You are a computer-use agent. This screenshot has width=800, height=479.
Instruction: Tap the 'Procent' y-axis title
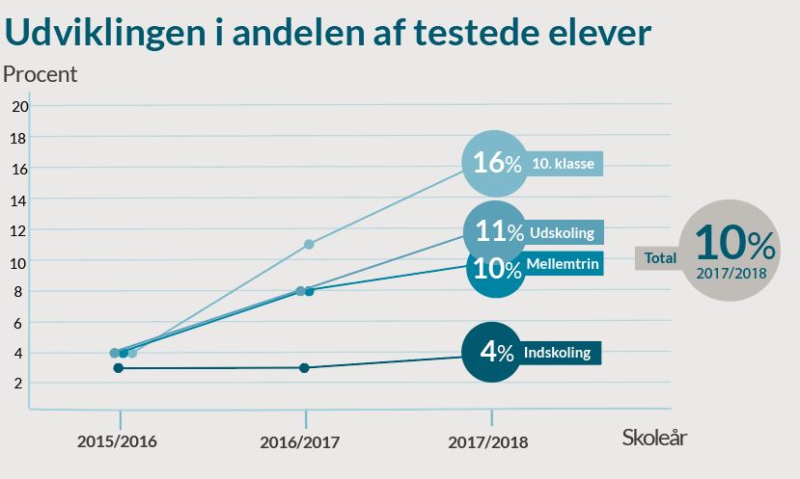[40, 73]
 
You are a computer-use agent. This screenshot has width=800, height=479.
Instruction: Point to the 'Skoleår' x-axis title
[654, 438]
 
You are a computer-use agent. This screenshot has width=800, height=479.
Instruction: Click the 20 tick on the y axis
[19, 106]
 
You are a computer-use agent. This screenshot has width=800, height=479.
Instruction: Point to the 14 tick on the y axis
[19, 199]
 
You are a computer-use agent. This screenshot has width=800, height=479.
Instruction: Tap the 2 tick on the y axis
[19, 384]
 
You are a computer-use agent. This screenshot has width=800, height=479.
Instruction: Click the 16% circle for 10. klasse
[496, 163]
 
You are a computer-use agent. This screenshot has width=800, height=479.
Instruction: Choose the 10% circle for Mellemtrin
[496, 267]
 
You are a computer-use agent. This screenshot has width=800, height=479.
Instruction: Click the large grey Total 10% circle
[733, 251]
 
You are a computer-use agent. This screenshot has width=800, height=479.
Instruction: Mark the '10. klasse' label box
[565, 164]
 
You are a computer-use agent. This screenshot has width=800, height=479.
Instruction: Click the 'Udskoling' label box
[565, 233]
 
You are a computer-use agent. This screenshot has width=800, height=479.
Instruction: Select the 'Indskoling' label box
[560, 353]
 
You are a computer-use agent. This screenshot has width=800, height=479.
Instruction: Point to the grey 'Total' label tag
[660, 258]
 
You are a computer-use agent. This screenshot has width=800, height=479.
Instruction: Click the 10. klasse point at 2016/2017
[309, 244]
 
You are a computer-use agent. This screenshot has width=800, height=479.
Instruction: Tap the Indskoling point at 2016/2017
[305, 367]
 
